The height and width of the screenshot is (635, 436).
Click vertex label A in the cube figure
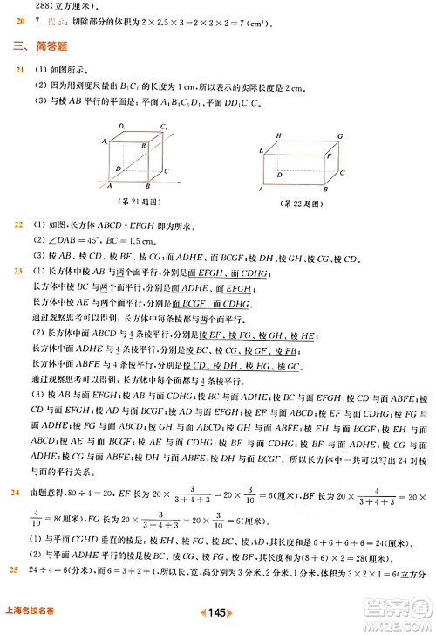point(109,186)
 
